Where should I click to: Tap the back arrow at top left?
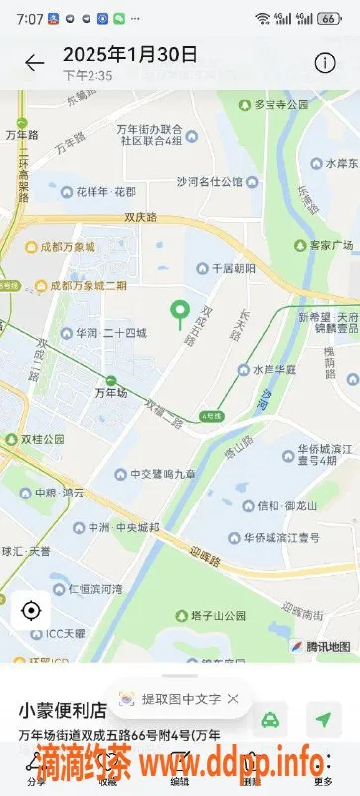[35, 63]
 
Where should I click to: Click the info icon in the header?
[324, 63]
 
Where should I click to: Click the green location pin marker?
[180, 314]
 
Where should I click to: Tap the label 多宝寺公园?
[283, 103]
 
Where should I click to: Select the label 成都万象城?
[67, 246]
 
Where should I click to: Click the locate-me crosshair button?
[31, 610]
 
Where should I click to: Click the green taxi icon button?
[270, 719]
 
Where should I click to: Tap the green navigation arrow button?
[323, 719]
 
